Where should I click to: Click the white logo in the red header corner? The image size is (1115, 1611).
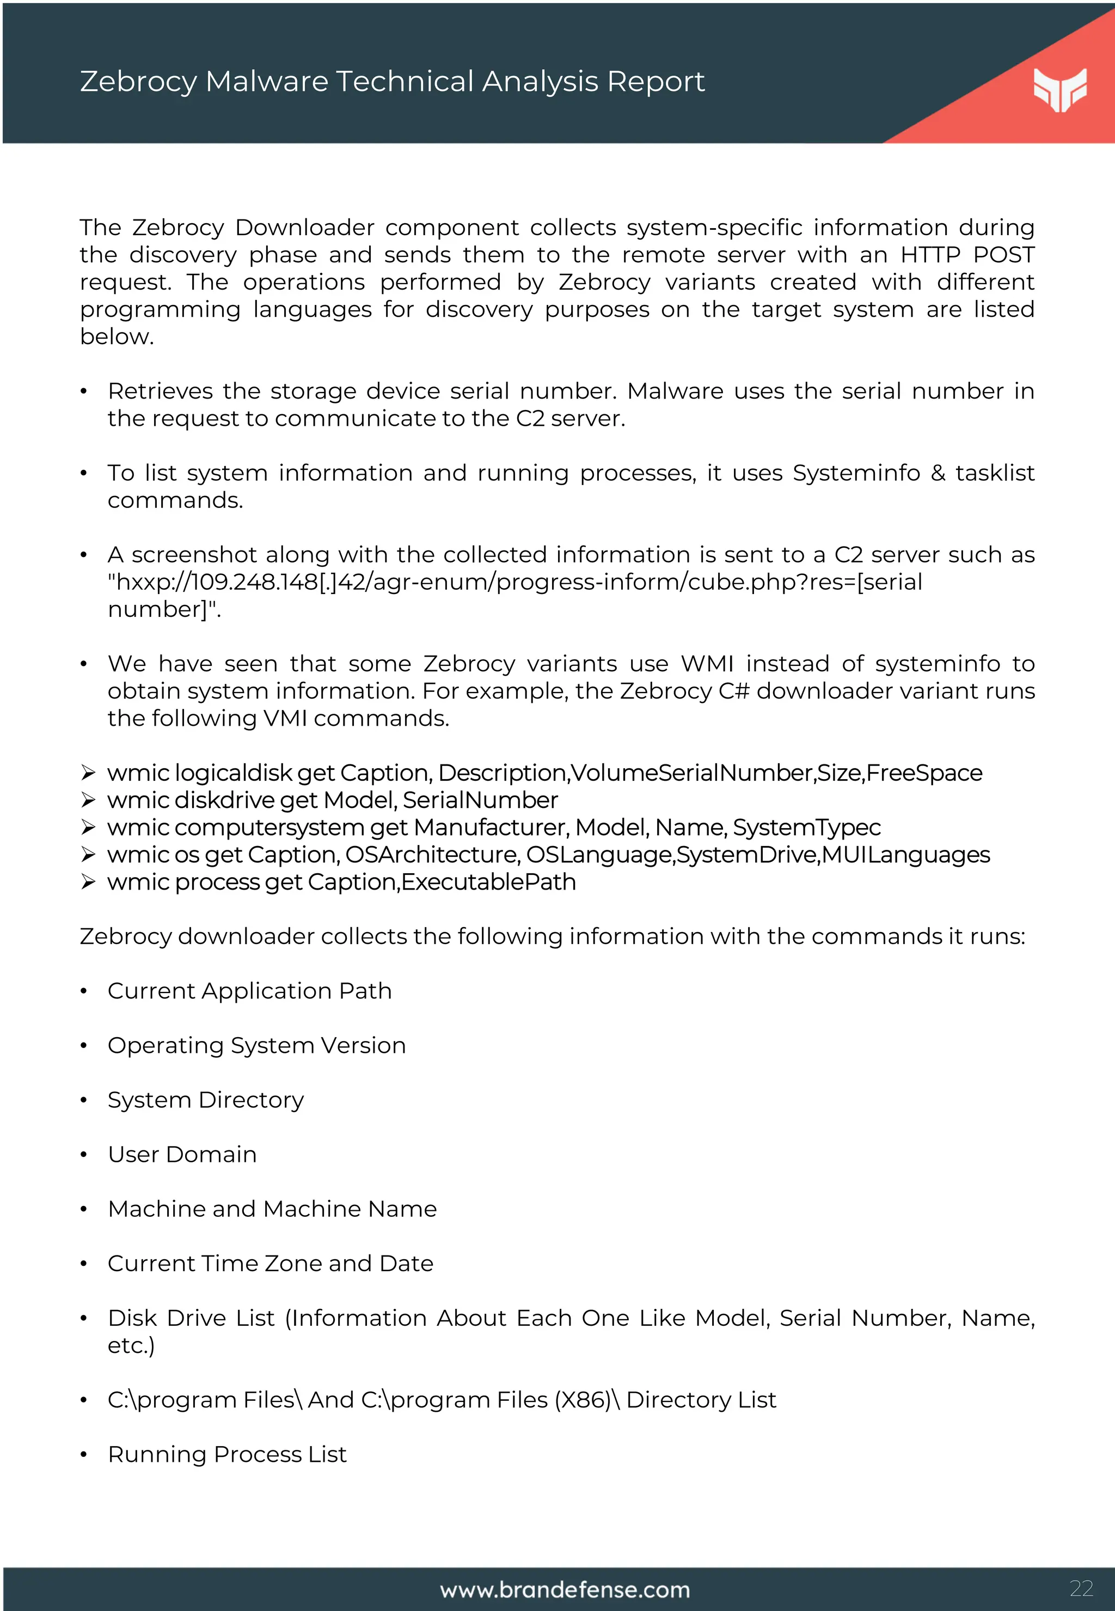pos(1060,89)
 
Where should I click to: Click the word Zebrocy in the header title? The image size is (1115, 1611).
pos(138,82)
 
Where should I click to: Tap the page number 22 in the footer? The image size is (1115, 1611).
pos(1081,1588)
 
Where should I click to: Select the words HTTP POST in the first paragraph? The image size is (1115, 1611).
pos(967,255)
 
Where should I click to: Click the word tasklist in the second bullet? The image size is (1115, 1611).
pos(994,473)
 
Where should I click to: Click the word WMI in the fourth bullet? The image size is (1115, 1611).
pos(707,664)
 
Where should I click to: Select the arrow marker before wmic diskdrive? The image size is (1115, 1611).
pos(88,800)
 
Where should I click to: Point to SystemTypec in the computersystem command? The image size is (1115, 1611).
pos(806,827)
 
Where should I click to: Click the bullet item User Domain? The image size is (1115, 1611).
pos(182,1154)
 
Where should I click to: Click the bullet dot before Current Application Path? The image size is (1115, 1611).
pos(83,991)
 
